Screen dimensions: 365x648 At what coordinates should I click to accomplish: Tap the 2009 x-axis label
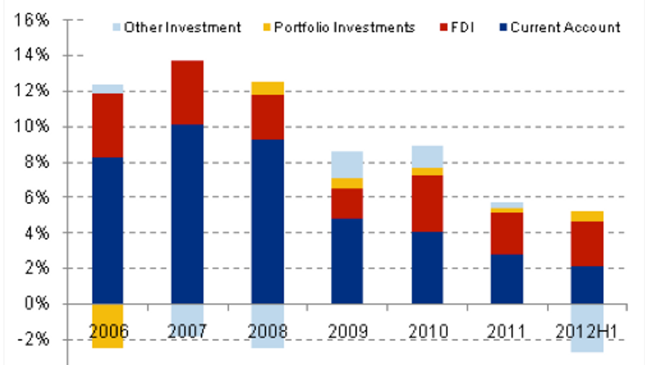(347, 332)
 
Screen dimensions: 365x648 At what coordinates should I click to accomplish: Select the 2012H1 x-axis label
(587, 332)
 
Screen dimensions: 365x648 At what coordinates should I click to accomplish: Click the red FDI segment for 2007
(187, 92)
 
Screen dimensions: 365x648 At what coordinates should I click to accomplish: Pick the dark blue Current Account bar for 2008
(267, 221)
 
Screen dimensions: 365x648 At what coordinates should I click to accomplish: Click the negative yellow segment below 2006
(108, 326)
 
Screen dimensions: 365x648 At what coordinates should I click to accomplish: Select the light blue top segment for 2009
(347, 164)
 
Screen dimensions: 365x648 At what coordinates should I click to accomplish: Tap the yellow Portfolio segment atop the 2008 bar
(267, 88)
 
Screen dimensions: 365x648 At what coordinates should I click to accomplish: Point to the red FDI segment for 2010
(427, 203)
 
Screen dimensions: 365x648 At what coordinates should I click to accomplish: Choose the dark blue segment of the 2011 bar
(507, 279)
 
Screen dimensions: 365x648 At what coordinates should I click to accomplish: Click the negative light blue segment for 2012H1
(587, 328)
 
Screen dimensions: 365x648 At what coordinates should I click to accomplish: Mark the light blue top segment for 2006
(108, 89)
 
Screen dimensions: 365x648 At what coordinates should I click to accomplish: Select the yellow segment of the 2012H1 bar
(587, 216)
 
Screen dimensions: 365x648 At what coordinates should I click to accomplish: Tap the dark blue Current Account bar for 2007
(187, 214)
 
